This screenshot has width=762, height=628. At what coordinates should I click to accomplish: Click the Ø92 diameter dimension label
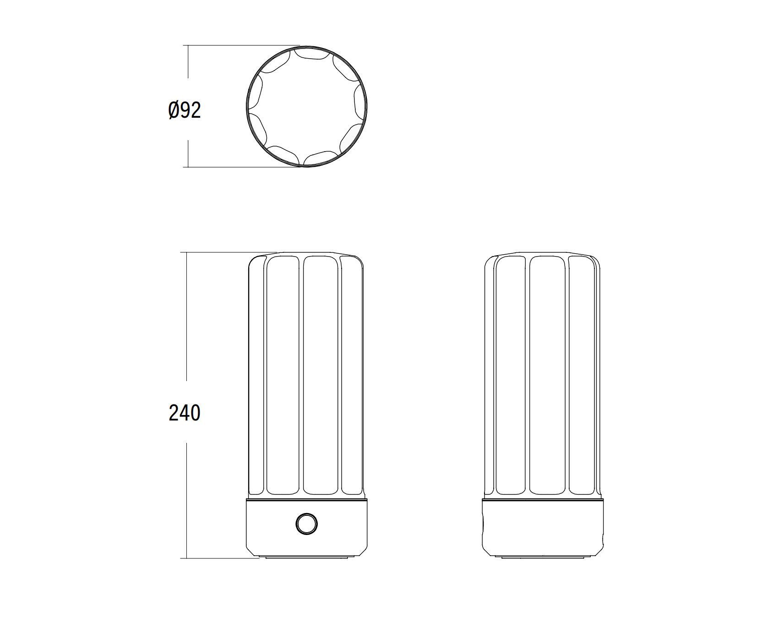(185, 111)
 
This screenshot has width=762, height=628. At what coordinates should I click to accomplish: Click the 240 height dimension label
(185, 413)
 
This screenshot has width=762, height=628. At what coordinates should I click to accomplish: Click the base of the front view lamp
(306, 527)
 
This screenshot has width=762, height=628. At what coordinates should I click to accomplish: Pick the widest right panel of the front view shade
(321, 376)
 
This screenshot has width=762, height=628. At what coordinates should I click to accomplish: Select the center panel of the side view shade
(547, 376)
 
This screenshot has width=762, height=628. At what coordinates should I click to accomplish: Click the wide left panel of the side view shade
(511, 376)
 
